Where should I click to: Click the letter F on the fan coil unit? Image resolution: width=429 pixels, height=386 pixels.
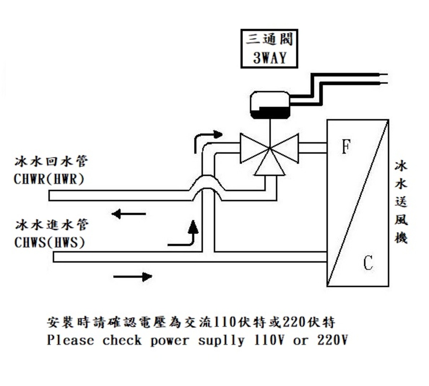click(346, 146)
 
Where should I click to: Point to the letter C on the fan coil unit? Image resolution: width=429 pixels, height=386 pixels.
click(368, 263)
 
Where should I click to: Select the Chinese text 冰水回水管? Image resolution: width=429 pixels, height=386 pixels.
click(51, 161)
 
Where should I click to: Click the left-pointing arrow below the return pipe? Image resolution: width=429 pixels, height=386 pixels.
click(129, 214)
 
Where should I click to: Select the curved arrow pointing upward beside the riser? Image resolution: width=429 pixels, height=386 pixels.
click(186, 236)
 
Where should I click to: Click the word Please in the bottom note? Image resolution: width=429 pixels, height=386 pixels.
click(70, 340)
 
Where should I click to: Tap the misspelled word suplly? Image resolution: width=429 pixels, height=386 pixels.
click(221, 340)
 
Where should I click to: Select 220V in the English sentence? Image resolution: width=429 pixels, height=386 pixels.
click(332, 340)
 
